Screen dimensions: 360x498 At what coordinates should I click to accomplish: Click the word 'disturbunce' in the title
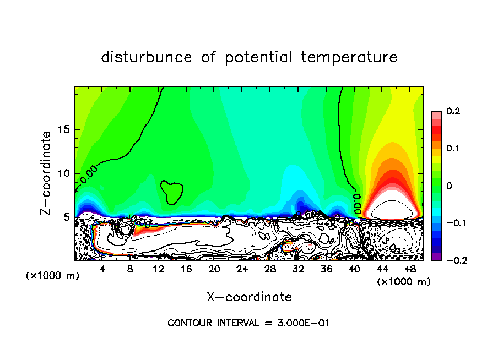[146, 57]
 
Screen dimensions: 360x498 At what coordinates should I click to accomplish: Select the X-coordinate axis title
[249, 297]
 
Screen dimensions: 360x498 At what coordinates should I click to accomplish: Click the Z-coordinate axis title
[47, 173]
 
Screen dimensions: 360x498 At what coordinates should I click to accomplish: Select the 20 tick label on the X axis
[214, 269]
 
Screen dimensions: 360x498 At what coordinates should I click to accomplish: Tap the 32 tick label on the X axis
[298, 269]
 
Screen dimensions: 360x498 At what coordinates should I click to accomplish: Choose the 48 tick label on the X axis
[410, 269]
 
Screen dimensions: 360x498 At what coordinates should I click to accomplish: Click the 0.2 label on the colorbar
[453, 111]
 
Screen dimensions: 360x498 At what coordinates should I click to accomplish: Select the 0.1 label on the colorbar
[453, 149]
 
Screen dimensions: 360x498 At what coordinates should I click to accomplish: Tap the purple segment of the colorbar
[436, 256]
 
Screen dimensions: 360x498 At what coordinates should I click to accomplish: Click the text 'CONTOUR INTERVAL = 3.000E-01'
[248, 323]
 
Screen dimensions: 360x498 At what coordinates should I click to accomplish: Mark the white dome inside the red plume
[391, 210]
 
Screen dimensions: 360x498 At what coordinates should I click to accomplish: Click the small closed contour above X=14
[172, 192]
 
